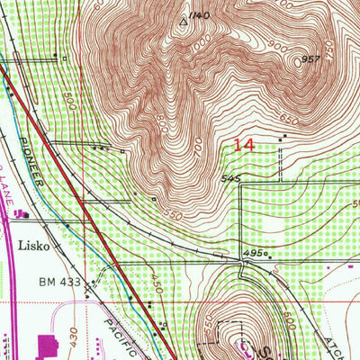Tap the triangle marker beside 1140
184,18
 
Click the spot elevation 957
311,60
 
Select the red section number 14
242,144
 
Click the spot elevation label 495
254,255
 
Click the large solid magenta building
47,345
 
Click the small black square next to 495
267,256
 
